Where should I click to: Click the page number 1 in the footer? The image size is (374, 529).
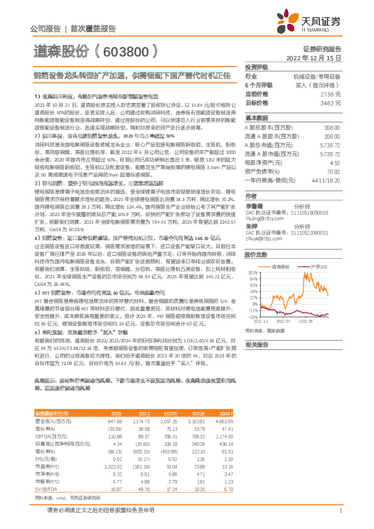(339, 510)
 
